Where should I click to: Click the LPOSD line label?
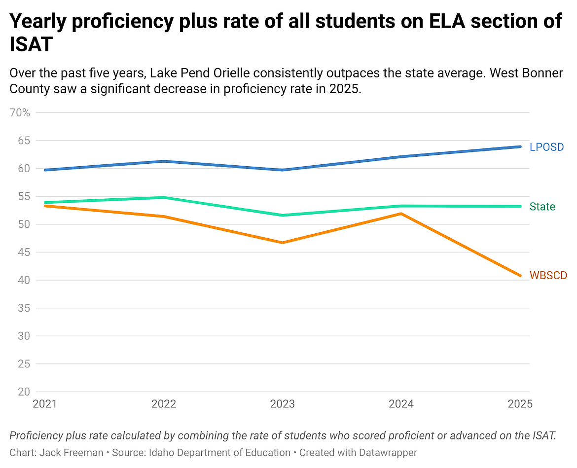click(x=546, y=147)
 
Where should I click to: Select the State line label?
click(x=542, y=207)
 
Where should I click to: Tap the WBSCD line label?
click(x=548, y=275)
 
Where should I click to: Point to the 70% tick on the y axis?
click(x=20, y=112)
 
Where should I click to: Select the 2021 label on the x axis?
click(x=44, y=404)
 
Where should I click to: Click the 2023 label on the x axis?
click(x=282, y=404)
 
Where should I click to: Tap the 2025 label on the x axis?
click(x=520, y=404)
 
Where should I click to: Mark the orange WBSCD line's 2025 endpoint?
click(x=520, y=275)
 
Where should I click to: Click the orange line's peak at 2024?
click(x=401, y=214)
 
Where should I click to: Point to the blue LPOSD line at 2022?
click(x=163, y=161)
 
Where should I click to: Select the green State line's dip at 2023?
click(x=282, y=215)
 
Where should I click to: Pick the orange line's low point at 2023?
click(x=282, y=243)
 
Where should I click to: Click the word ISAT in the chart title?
click(x=31, y=45)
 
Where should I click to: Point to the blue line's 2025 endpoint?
click(x=520, y=146)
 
